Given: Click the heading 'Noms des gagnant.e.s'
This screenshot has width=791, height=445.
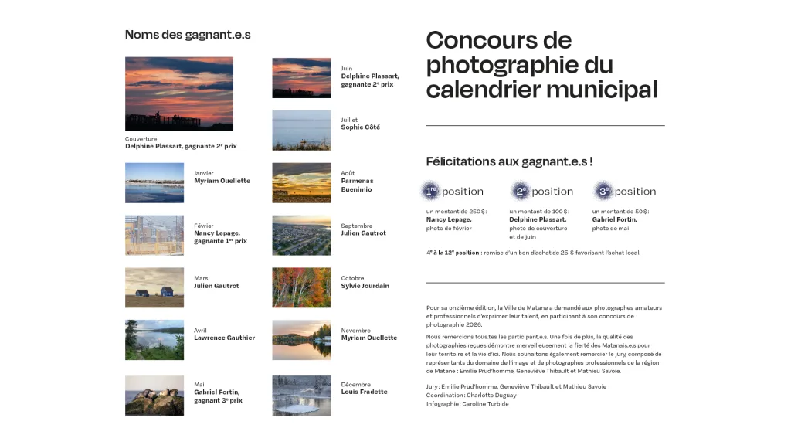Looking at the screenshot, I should coord(188,35).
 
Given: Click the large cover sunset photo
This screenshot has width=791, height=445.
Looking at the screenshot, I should coord(178,93).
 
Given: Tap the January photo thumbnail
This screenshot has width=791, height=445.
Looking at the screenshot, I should coord(154,182).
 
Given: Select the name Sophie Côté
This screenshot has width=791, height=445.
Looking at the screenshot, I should coord(360,127).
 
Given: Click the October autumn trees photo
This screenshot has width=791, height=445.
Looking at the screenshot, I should coord(301,287).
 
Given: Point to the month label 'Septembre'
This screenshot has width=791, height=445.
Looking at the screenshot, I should coord(356,226).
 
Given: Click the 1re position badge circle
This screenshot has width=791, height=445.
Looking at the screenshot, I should coord(431,191).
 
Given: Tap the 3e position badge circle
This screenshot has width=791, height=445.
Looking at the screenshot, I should coord(603,191).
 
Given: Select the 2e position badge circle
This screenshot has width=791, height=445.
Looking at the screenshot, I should coord(521,191).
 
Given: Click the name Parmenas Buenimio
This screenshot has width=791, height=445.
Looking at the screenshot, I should coord(357,185).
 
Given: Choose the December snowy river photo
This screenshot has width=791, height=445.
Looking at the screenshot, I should coord(301,395).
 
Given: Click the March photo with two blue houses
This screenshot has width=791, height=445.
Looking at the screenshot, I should coord(154,287).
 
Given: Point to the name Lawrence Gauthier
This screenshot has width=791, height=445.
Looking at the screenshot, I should coord(224,338).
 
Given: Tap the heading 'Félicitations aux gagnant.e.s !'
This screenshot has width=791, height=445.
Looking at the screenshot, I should coord(509,161).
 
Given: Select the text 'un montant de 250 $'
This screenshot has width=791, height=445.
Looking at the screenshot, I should coord(456,211).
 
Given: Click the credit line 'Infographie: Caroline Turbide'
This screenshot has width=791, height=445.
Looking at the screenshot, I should coord(467,404).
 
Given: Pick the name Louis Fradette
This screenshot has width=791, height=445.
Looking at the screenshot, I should coord(364,392).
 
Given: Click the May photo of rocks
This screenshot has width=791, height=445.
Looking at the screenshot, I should coord(154,395).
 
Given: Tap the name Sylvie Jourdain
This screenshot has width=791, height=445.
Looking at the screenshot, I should coord(365,286).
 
